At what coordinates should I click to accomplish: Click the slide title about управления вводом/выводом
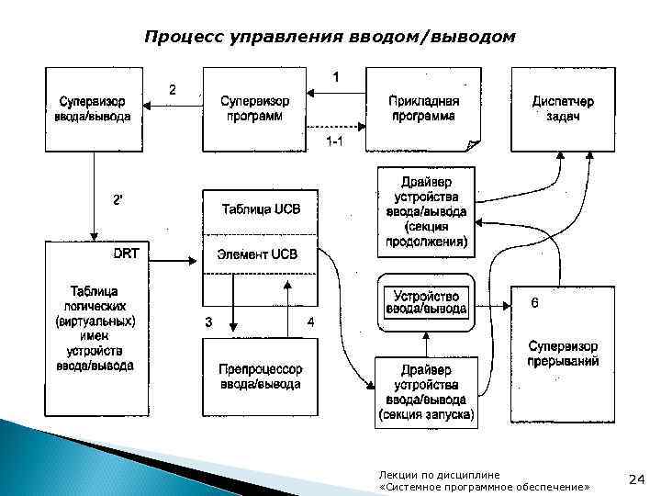[330, 37]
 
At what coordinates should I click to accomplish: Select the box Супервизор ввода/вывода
[95, 109]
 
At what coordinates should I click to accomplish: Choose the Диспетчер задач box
[561, 109]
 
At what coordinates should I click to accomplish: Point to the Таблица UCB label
[261, 209]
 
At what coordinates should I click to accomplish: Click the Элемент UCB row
[261, 254]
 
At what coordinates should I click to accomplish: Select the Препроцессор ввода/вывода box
[261, 377]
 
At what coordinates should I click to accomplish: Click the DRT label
[126, 254]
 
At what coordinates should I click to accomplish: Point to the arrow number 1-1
[335, 141]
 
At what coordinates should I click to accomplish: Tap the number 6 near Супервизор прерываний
[535, 301]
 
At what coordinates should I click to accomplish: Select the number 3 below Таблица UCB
[209, 322]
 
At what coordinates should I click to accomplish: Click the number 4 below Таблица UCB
[310, 322]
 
